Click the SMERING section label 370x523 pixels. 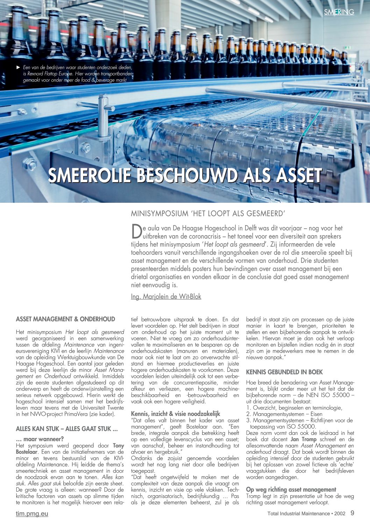[339, 12]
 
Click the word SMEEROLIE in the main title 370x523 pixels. [90, 175]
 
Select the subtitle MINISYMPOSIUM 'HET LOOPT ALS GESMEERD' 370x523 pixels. [208, 213]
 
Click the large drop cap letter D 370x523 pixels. [136, 231]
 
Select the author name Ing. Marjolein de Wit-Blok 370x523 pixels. [166, 296]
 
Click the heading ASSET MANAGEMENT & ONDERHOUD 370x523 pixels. [65, 319]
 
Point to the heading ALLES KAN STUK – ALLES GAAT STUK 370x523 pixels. [66, 429]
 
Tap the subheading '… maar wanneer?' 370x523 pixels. [40, 439]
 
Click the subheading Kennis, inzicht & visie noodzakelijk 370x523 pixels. [176, 414]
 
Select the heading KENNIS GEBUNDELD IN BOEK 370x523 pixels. [284, 372]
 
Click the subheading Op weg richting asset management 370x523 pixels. [291, 489]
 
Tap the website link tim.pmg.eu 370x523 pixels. [32, 514]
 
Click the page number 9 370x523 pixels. [352, 513]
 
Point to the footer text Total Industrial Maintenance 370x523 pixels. [298, 514]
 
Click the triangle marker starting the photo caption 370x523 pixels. [19, 67]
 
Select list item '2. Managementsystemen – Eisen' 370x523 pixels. [284, 414]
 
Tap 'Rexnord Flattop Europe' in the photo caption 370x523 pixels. [50, 74]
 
